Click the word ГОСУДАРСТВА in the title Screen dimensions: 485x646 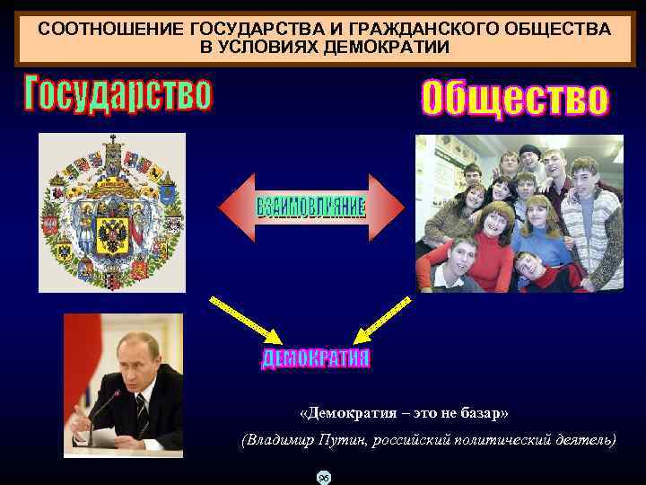coord(239,29)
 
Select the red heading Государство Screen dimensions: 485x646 coord(118,94)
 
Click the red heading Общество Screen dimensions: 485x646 coord(514,99)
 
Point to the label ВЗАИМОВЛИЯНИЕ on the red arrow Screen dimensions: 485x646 coord(311,207)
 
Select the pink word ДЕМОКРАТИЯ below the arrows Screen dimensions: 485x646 coord(316,359)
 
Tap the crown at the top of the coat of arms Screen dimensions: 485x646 coord(113,144)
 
